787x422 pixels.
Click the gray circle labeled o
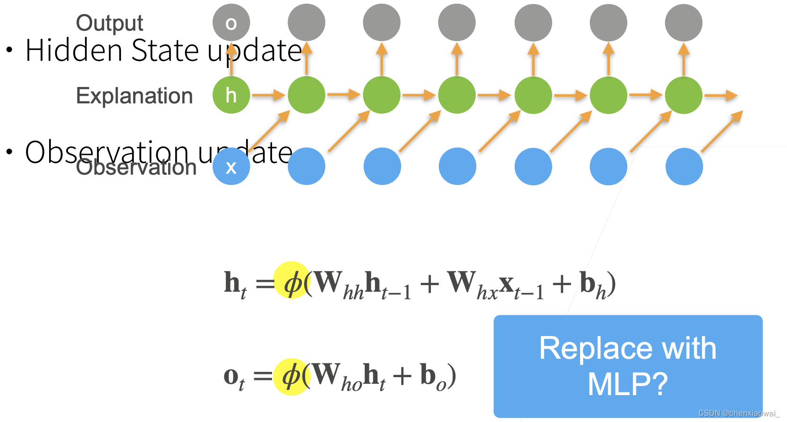(x=231, y=23)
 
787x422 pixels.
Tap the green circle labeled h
(x=231, y=95)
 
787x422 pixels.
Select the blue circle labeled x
(x=231, y=166)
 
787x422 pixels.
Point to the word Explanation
(x=134, y=96)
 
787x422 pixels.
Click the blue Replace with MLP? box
(x=628, y=366)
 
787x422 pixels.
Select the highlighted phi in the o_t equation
(x=291, y=376)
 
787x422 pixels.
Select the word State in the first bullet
(x=165, y=51)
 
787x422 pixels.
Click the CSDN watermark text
(x=738, y=414)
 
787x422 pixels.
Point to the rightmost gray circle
(x=684, y=23)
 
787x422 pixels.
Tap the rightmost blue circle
(x=684, y=166)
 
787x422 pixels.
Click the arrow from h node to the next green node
(x=268, y=95)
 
